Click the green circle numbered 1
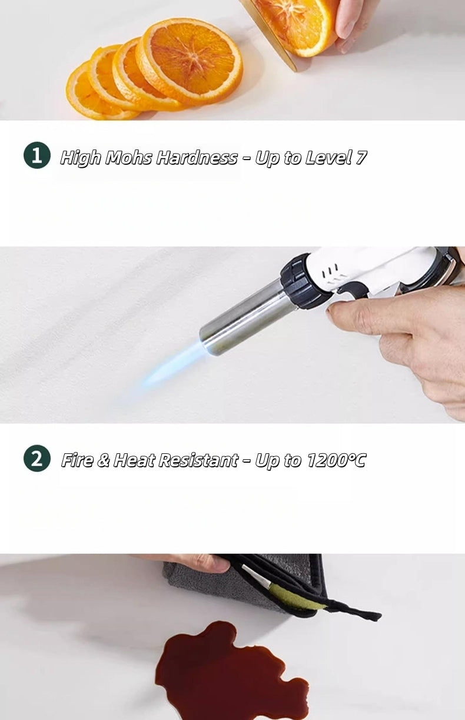tap(37, 155)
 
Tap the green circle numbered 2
tap(37, 458)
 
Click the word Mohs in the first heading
tap(128, 158)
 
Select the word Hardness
tap(197, 158)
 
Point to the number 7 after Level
tap(361, 158)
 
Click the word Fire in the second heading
tap(77, 460)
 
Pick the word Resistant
tap(198, 460)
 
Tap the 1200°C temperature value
tap(336, 460)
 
